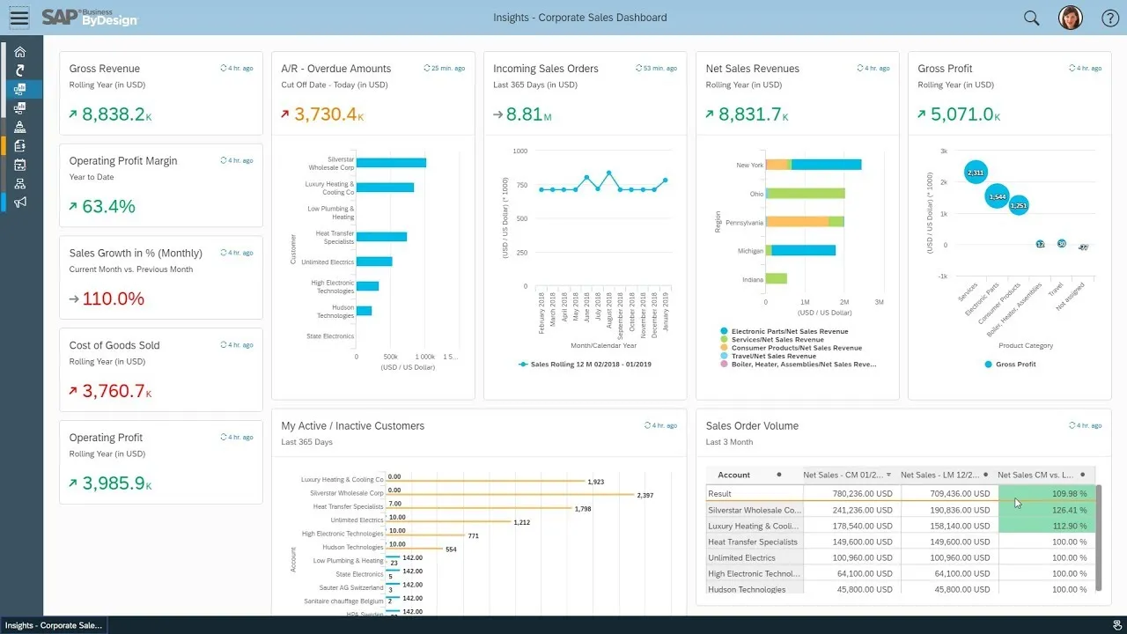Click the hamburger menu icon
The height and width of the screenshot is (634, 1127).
click(x=18, y=18)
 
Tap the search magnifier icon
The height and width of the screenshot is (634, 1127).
click(x=1031, y=18)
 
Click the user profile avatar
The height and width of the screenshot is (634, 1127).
click(x=1070, y=18)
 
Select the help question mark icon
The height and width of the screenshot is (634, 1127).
click(x=1110, y=18)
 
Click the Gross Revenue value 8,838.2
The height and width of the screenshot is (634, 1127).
click(x=113, y=114)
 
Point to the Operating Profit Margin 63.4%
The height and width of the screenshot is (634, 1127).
click(x=108, y=207)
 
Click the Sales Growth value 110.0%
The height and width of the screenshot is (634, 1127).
click(x=113, y=299)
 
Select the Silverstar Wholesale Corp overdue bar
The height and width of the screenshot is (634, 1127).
click(x=391, y=163)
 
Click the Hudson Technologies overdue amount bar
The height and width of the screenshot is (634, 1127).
click(x=364, y=311)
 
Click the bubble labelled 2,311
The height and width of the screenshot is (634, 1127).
click(x=975, y=173)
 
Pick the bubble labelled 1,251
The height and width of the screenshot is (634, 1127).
click(x=1019, y=205)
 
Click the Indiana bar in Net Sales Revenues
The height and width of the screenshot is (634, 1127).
click(x=776, y=279)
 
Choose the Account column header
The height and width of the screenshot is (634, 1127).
click(x=734, y=475)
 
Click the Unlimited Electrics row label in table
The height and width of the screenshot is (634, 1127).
click(x=741, y=558)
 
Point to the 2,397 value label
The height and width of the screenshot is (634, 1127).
click(x=645, y=496)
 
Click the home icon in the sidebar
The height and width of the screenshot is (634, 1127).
click(x=20, y=52)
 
